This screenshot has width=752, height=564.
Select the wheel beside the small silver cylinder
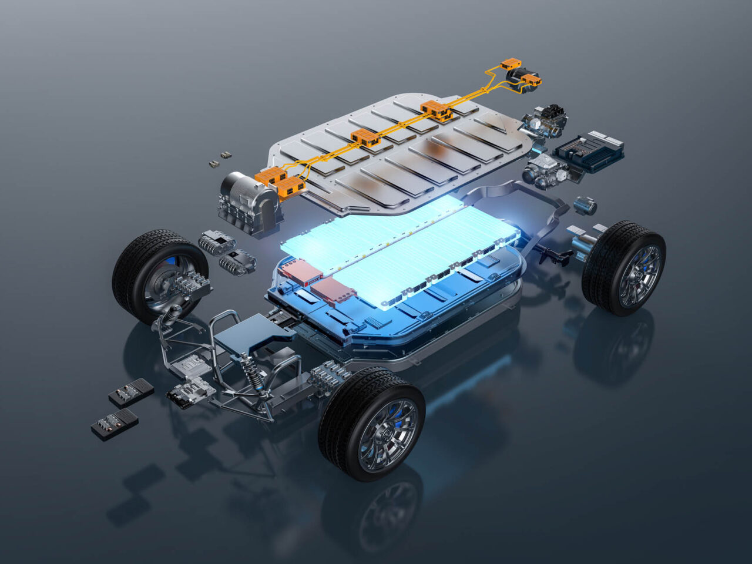(x=625, y=267)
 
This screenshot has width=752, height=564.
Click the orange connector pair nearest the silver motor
(x=281, y=180)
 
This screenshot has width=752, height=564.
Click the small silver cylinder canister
(x=585, y=206)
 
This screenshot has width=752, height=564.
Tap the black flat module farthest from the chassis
(x=115, y=424)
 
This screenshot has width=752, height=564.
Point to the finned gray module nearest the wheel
(x=217, y=241)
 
